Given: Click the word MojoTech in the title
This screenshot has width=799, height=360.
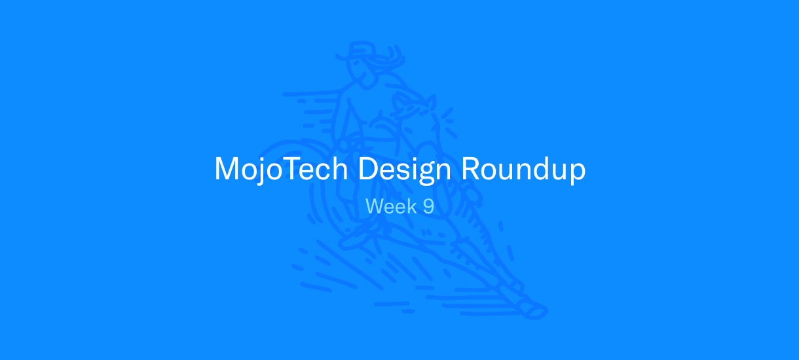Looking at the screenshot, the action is pos(281,170).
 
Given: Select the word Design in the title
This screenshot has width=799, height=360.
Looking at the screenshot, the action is pos(405,170).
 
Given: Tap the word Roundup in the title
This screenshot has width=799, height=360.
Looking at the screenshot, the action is pos(523,170).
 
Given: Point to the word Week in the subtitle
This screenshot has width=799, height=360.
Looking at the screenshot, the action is pos(391,206).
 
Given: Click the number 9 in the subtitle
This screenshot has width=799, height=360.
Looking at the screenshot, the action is pos(428,206).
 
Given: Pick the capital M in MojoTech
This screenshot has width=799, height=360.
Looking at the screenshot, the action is pos(227,168).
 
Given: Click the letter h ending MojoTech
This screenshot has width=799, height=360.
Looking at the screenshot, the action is pos(339,168).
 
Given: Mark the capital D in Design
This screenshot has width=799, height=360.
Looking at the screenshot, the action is pos(368,168).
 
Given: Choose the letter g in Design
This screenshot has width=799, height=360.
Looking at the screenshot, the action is pos(422,174).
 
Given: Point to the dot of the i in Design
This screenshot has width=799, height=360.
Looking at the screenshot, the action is pos(407,158).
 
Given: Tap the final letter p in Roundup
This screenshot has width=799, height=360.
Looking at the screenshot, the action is pos(577,174).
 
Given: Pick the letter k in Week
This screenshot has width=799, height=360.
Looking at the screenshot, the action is pos(413,206).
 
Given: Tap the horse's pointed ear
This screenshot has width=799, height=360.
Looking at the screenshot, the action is pos(431,103).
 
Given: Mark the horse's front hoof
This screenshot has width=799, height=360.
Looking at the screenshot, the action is pos(534,311).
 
